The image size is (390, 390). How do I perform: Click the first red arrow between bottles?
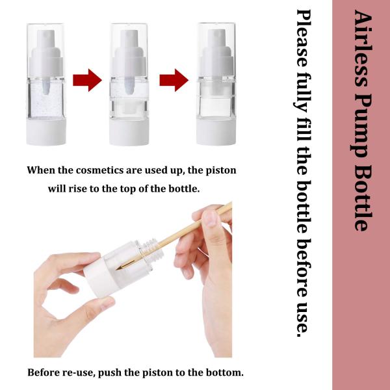coord(86,81)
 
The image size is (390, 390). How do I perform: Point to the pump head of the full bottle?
coord(47,48)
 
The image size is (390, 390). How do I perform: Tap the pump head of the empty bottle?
coord(216,48)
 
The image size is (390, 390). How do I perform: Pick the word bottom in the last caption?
coord(222,373)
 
